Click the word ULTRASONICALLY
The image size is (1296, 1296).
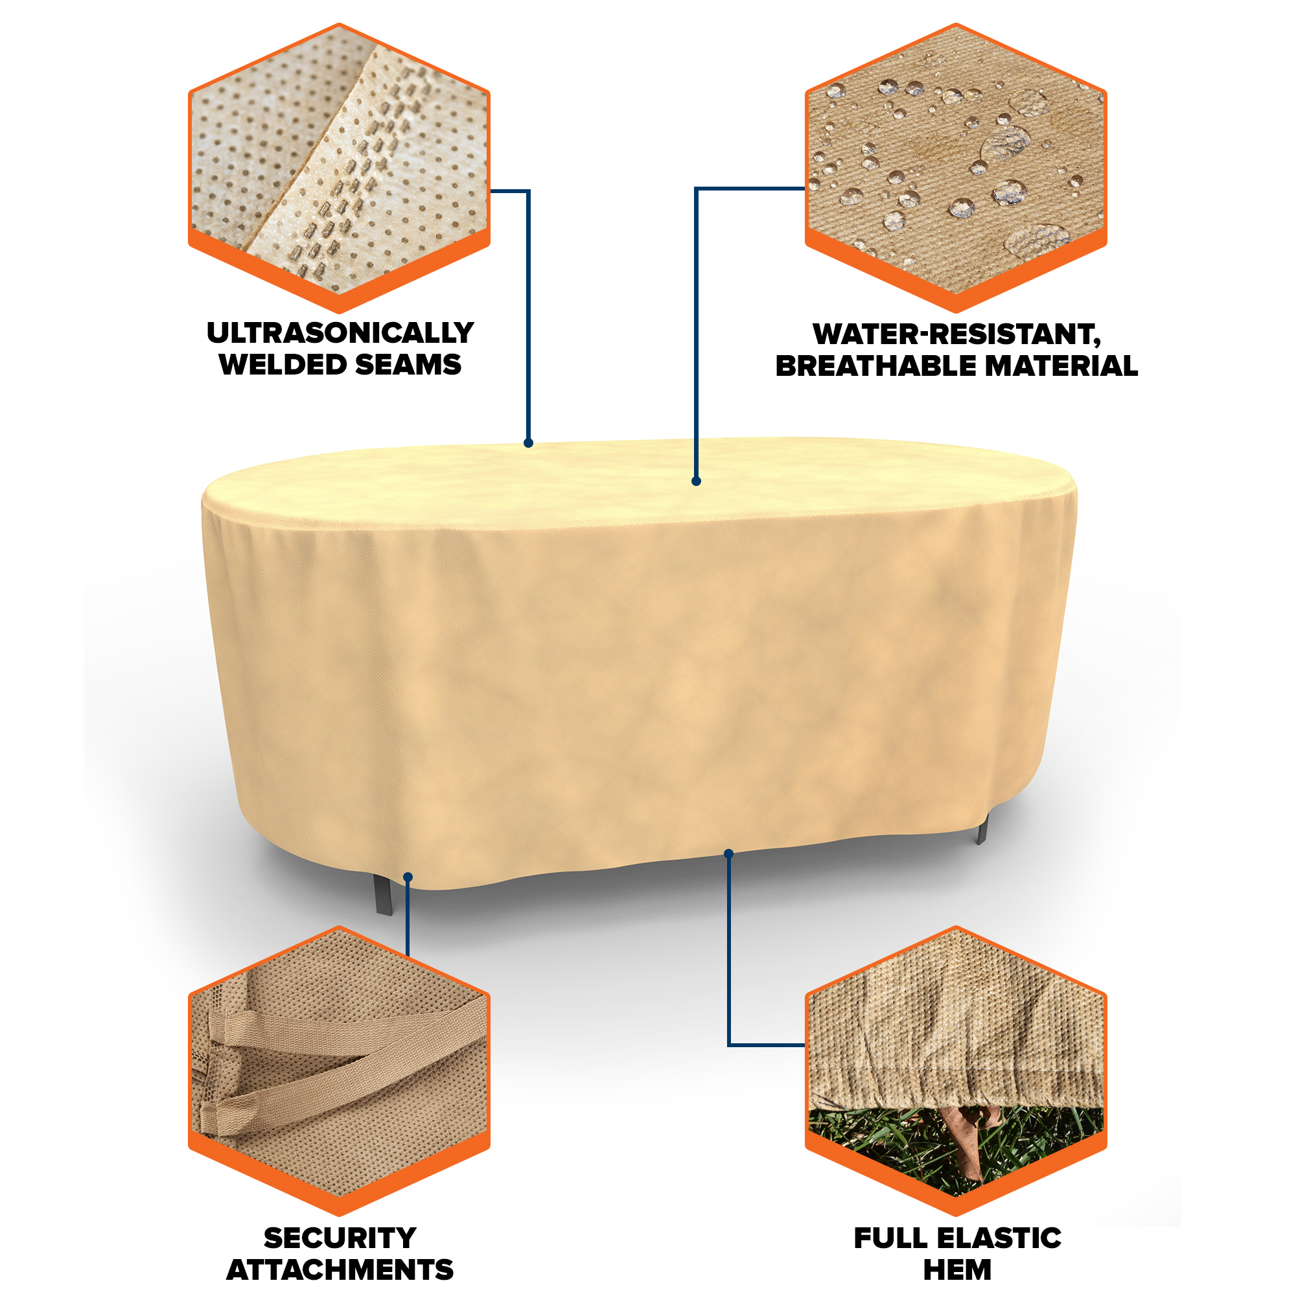pyautogui.click(x=340, y=332)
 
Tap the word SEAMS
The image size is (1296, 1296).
pyautogui.click(x=408, y=364)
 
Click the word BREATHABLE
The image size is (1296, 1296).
pyautogui.click(x=875, y=365)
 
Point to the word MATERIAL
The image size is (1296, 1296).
pyautogui.click(x=1061, y=365)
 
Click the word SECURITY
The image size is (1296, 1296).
pyautogui.click(x=340, y=1238)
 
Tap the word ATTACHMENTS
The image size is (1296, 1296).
pyautogui.click(x=340, y=1270)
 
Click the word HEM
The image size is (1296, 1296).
pyautogui.click(x=957, y=1270)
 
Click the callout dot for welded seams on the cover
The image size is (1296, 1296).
pyautogui.click(x=529, y=443)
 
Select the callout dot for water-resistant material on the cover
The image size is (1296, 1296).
pyautogui.click(x=697, y=481)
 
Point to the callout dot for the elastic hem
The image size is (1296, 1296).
pyautogui.click(x=729, y=853)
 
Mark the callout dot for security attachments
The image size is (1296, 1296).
pyautogui.click(x=408, y=877)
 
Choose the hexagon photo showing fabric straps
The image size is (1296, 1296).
pyautogui.click(x=340, y=1071)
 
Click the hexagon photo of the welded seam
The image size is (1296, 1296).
pyautogui.click(x=340, y=168)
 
